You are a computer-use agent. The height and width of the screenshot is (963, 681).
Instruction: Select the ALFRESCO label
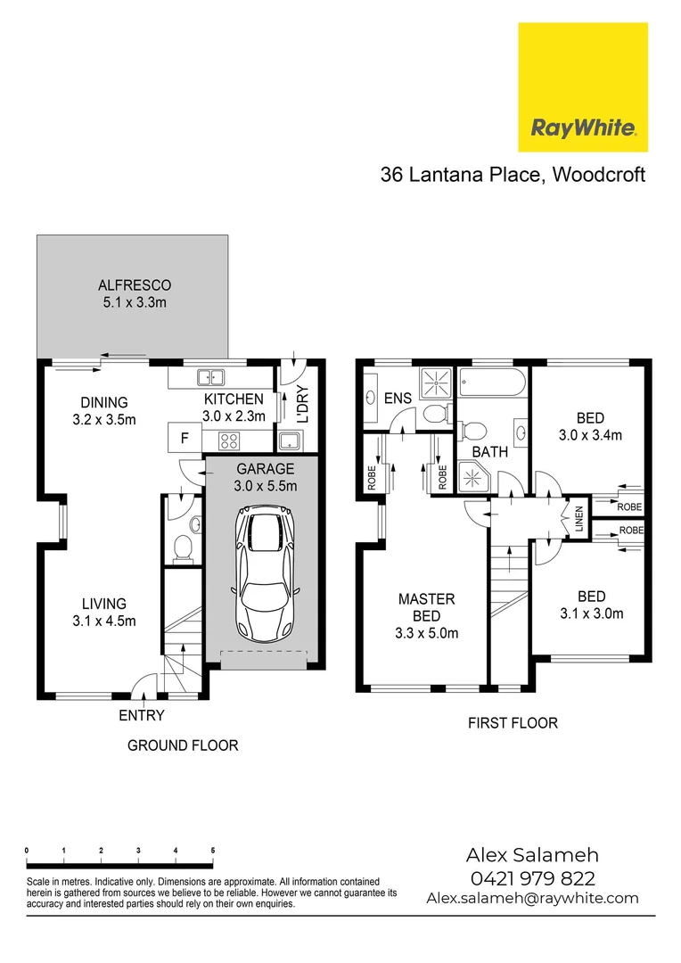click(134, 285)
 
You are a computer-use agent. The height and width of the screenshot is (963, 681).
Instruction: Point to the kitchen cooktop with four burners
click(228, 439)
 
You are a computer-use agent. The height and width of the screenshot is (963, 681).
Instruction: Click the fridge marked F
click(185, 438)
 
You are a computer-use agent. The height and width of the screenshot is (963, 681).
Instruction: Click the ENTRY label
click(142, 715)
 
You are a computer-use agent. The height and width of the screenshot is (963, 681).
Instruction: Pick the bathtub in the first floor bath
click(491, 385)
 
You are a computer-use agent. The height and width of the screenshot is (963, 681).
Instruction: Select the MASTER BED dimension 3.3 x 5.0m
click(427, 633)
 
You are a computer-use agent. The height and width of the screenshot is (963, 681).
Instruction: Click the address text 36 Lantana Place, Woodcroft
click(513, 174)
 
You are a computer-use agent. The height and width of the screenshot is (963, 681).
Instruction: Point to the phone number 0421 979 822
click(532, 878)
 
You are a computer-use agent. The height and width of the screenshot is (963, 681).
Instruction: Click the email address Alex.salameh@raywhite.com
click(532, 898)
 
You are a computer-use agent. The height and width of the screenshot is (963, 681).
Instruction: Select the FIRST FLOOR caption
click(513, 722)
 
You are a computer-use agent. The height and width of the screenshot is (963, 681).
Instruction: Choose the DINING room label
click(104, 402)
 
